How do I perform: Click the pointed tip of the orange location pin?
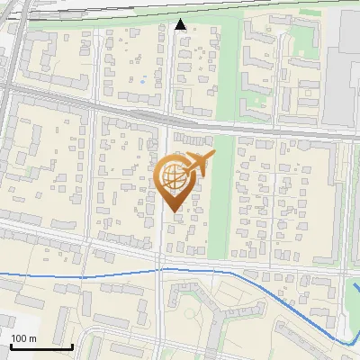[175, 211]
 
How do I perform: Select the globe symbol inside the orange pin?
[174, 178]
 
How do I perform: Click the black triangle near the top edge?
[180, 24]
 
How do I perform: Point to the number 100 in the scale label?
[20, 338]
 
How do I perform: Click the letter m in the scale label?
[33, 338]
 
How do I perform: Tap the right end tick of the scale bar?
[73, 345]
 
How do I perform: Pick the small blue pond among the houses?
[141, 82]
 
